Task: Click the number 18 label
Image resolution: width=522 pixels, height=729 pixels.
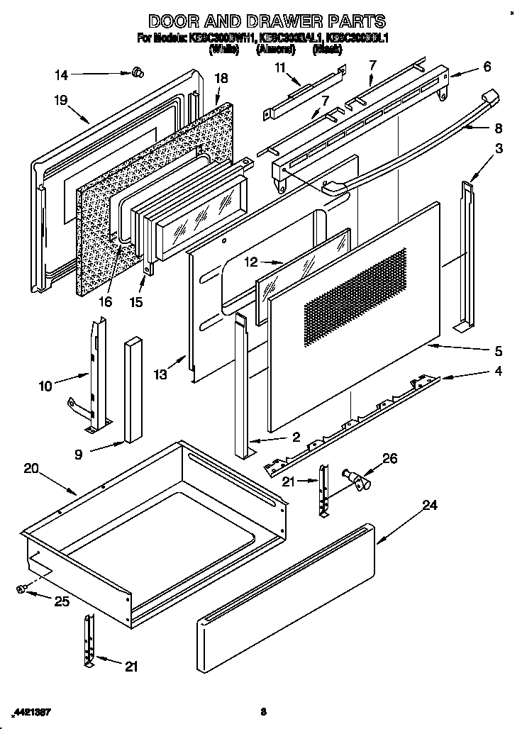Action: point(221,79)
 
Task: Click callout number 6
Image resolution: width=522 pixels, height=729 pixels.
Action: point(487,67)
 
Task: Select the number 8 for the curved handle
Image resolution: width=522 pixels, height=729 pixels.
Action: point(499,128)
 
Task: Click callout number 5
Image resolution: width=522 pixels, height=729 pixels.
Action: point(499,351)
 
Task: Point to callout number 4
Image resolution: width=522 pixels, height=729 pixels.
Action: point(499,372)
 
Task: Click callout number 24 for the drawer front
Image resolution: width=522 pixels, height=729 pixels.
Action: point(430,506)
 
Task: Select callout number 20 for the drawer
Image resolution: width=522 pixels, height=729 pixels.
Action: point(30,468)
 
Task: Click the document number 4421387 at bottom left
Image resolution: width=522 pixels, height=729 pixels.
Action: point(31,711)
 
